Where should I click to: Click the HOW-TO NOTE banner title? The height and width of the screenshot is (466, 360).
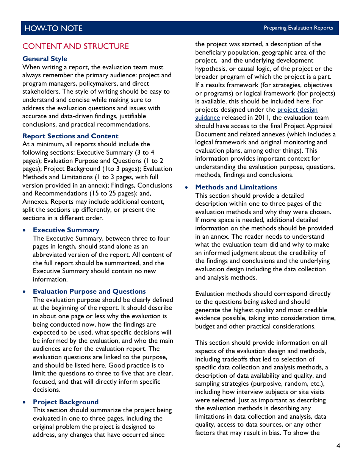click(x=53, y=28)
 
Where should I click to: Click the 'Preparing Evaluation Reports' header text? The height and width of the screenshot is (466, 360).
click(x=298, y=28)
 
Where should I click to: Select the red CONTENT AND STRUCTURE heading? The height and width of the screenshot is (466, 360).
click(x=75, y=46)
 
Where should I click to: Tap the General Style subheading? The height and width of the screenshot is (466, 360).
click(x=45, y=59)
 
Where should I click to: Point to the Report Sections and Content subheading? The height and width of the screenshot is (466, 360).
click(x=70, y=136)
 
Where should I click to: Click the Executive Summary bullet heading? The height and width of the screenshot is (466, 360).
click(x=66, y=230)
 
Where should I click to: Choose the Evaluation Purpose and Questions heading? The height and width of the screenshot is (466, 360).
click(x=89, y=291)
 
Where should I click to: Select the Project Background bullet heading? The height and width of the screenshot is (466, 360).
click(x=66, y=402)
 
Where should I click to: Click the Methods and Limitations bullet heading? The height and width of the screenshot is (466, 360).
click(x=236, y=187)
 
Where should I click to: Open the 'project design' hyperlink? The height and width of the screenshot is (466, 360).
click(x=297, y=110)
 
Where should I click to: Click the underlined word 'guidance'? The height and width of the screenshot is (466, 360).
click(x=207, y=118)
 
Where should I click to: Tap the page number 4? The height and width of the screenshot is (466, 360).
click(x=338, y=446)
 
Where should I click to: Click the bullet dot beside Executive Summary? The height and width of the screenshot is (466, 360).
click(x=25, y=230)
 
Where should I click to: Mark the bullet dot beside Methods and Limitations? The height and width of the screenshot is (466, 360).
click(x=187, y=188)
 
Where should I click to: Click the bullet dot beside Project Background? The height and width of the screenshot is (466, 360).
click(x=25, y=402)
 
